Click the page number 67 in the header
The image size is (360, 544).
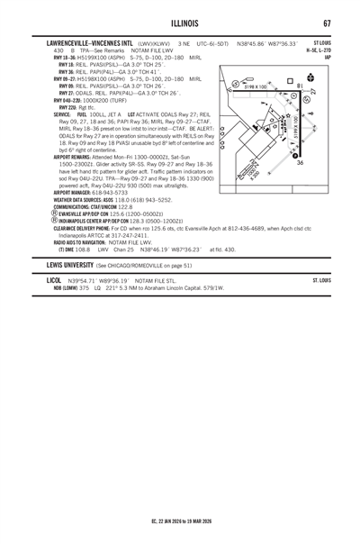[x=328, y=23]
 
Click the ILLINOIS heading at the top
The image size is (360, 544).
[x=180, y=23]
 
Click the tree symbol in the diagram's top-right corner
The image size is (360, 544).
[x=311, y=79]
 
